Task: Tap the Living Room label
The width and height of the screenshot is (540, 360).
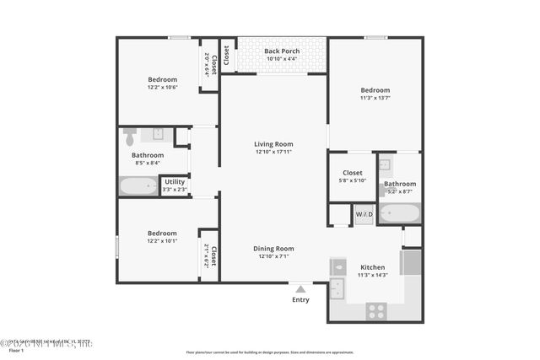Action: [x=273, y=143]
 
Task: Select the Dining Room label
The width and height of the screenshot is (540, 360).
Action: [x=273, y=248]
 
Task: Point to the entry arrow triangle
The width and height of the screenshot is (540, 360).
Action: [x=300, y=289]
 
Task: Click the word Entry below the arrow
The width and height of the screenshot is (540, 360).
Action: [x=300, y=300]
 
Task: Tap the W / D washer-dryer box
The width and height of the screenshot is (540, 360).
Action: [x=364, y=214]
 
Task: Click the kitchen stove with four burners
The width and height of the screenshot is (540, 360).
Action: [x=376, y=310]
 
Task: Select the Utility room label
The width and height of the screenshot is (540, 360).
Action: [x=175, y=181]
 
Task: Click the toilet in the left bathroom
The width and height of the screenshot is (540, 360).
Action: [x=130, y=137]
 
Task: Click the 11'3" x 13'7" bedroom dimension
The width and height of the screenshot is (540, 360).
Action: [x=375, y=99]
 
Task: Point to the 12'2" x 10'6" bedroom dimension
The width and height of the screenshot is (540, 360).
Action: [x=163, y=88]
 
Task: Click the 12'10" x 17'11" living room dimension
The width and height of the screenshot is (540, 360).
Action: [x=273, y=152]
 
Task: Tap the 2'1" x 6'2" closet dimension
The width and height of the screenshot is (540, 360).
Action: [x=206, y=255]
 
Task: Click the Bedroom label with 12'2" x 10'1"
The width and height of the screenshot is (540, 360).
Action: [x=163, y=233]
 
